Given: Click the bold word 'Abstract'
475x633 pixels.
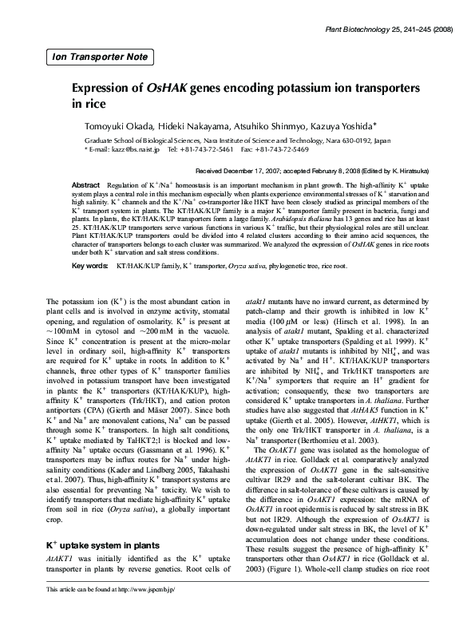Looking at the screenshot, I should [85, 185].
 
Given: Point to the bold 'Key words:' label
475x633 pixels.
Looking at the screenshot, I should [89, 264].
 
